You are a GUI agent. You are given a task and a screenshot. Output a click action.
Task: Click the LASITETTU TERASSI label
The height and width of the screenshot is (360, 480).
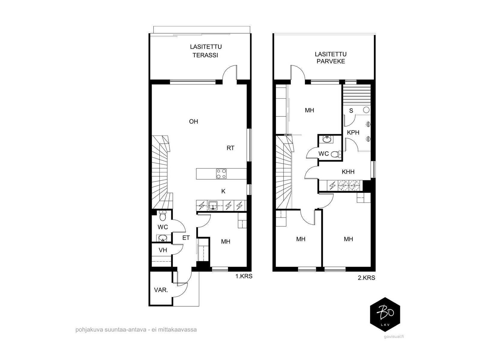[205, 51]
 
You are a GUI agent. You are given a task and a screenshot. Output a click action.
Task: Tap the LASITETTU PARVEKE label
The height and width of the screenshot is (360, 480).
[331, 58]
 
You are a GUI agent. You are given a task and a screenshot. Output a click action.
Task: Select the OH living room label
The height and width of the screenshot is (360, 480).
[193, 121]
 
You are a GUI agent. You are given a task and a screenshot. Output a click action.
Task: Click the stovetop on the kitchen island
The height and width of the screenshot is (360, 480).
[221, 174]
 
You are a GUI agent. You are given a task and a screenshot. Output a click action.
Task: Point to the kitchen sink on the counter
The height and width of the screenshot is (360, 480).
[213, 206]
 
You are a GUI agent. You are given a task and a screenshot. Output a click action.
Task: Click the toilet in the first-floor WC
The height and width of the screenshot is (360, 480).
[163, 216]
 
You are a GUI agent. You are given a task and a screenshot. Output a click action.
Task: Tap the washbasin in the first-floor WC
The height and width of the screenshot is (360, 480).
[163, 238]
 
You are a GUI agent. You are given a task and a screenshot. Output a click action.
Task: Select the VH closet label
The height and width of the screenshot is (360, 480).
[163, 250]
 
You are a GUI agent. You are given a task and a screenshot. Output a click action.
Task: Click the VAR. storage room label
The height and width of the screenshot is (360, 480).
[161, 290]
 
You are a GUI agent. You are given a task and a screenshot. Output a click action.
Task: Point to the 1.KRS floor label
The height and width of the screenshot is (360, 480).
[244, 276]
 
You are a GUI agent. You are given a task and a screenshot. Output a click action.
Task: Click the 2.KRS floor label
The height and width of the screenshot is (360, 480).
[366, 278]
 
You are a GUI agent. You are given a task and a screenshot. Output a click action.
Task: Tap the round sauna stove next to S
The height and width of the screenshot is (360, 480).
[366, 110]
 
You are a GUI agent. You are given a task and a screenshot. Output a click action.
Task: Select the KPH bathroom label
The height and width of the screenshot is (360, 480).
[353, 133]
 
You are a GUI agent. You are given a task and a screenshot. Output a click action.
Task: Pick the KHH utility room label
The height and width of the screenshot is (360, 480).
[348, 172]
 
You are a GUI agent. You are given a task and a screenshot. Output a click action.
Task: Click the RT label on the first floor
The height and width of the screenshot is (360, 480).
[230, 148]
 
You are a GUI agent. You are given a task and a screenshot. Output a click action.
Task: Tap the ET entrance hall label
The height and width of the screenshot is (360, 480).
[186, 238]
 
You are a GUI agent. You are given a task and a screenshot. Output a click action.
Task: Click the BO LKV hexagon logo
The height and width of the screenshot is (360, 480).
[385, 314]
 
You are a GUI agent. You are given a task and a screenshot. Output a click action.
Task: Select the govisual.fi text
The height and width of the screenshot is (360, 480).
[394, 337]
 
